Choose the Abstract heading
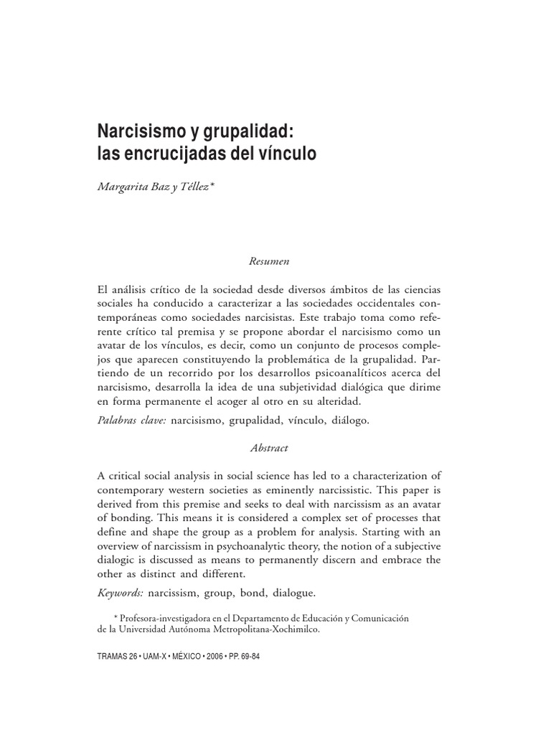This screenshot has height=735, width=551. tap(269, 447)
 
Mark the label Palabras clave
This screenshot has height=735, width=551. tap(132, 421)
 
